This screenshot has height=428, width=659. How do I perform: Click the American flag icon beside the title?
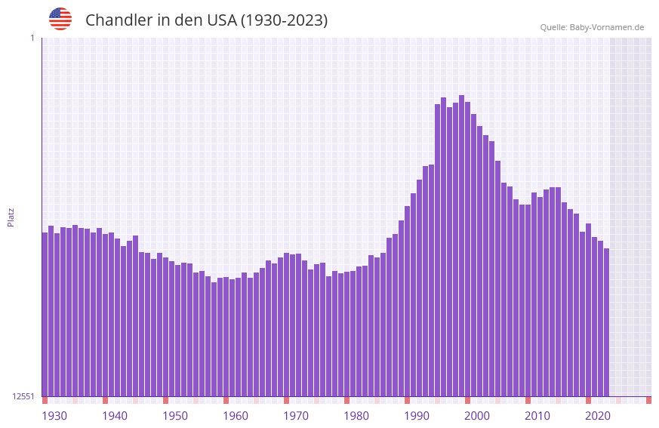tap(60, 19)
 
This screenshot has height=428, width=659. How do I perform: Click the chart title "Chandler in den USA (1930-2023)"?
tap(206, 20)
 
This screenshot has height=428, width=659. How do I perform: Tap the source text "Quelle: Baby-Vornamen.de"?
tap(592, 27)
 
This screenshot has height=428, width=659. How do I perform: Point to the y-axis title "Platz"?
tap(11, 217)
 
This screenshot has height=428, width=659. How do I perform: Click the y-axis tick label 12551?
tap(23, 396)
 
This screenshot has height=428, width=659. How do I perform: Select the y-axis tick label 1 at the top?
tap(32, 38)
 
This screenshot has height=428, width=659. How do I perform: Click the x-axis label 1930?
tap(54, 416)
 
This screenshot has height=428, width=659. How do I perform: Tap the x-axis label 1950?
tap(175, 416)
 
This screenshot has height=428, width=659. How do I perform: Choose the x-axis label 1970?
tap(296, 416)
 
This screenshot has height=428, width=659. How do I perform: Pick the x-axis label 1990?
tap(417, 416)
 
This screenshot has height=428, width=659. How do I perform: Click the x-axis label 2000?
tap(477, 416)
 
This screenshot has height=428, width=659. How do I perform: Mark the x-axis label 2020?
tap(598, 416)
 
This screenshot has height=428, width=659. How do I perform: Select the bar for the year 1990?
tap(407, 301)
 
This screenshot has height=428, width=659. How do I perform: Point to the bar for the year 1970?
tap(286, 325)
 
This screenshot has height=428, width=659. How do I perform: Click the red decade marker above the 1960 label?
tap(226, 400)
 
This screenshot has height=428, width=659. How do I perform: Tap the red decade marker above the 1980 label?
tap(346, 400)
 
